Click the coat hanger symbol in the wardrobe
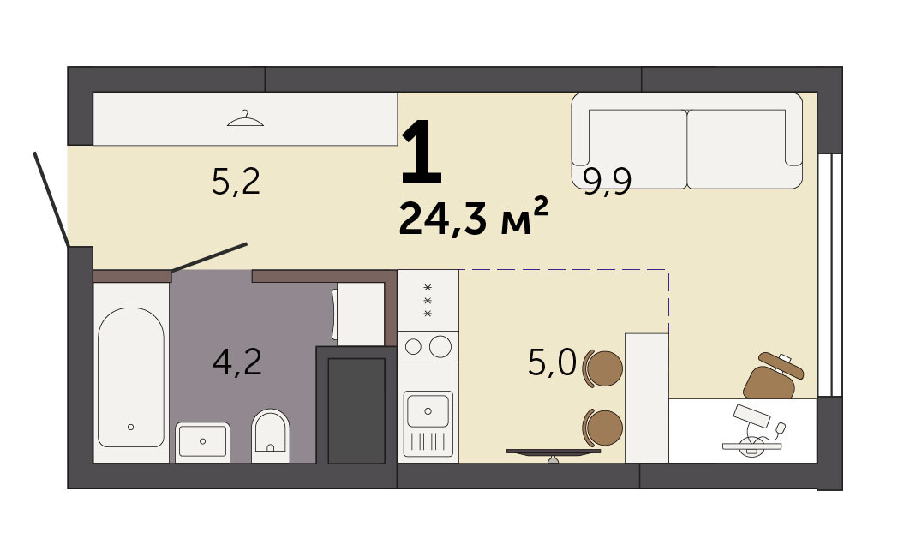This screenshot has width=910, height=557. pyautogui.click(x=245, y=118)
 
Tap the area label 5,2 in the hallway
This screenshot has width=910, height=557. pyautogui.click(x=236, y=182)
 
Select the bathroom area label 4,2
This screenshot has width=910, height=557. pyautogui.click(x=236, y=362)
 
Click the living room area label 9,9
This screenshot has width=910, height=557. pyautogui.click(x=607, y=182)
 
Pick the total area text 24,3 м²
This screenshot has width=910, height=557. pyautogui.click(x=474, y=217)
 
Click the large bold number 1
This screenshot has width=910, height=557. pyautogui.click(x=422, y=150)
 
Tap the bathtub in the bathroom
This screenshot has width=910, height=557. pyautogui.click(x=130, y=377)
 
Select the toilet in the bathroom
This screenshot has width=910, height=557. pyautogui.click(x=271, y=435)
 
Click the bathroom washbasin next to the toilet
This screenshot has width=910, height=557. pyautogui.click(x=202, y=442)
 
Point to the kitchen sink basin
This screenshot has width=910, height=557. pyautogui.click(x=428, y=410)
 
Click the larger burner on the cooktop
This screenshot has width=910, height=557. pyautogui.click(x=440, y=347)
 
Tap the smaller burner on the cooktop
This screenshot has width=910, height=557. pyautogui.click(x=413, y=347)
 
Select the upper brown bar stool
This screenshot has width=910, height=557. pyautogui.click(x=602, y=368)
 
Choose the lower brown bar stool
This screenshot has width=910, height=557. pyautogui.click(x=602, y=428)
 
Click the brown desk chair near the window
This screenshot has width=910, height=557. pyautogui.click(x=772, y=376)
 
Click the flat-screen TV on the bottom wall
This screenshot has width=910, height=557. pyautogui.click(x=553, y=453)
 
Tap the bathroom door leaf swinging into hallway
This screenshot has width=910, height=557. pyautogui.click(x=210, y=257)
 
